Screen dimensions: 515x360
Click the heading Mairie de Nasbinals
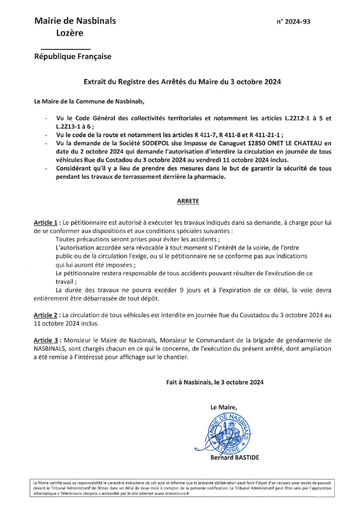(x=75, y=21)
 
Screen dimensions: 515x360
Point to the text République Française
(x=72, y=56)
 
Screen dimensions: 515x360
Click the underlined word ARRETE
(x=188, y=201)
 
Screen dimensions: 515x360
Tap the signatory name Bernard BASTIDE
(x=233, y=457)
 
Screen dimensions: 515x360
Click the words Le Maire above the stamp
(x=223, y=407)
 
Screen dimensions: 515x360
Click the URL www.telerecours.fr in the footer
(x=171, y=493)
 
